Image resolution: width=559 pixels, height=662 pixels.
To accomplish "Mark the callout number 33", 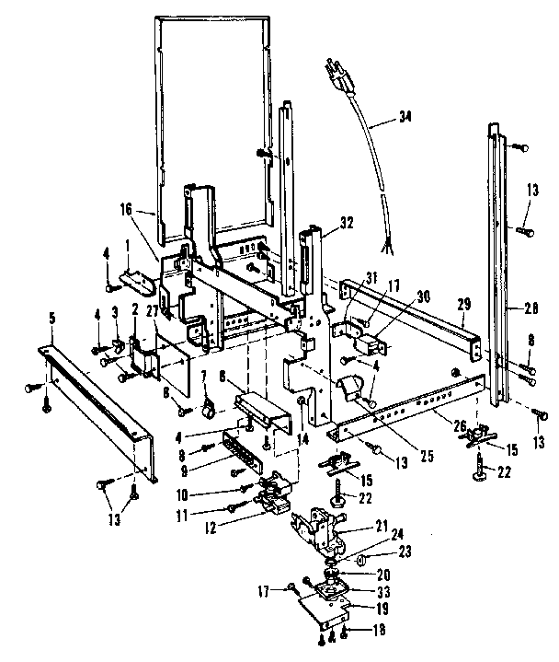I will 376,590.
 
